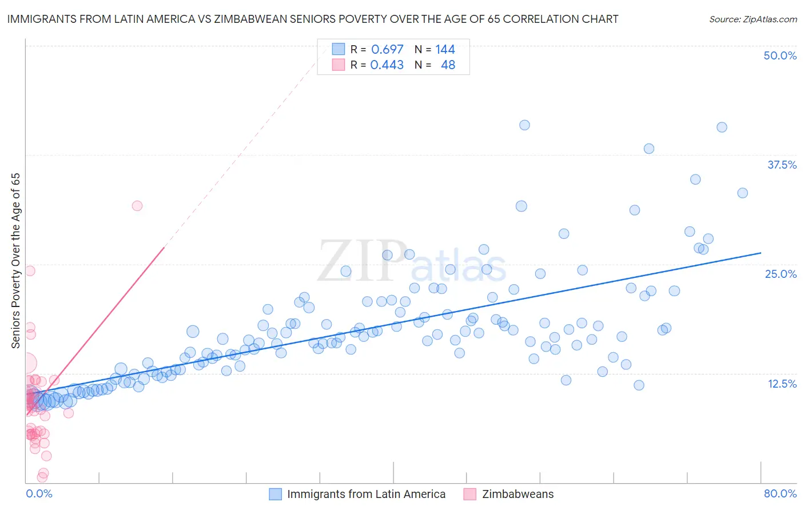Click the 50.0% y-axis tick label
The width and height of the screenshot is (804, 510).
coord(779,55)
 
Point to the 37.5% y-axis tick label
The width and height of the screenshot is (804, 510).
coord(781,165)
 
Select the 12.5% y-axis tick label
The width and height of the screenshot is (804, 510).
coord(781,383)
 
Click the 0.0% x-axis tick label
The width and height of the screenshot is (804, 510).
coord(39,493)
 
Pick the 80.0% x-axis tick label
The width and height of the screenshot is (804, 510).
coord(779,493)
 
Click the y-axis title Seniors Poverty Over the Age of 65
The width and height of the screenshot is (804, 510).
coord(16,260)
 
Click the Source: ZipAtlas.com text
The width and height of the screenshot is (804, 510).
coord(753,19)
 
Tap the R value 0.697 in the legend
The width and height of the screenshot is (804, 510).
coord(387,49)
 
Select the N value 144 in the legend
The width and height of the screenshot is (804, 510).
coord(445,49)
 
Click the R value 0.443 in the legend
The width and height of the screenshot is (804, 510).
coord(387,65)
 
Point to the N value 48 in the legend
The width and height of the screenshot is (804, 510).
coord(448,65)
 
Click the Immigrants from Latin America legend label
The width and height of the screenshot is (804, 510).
coord(366,494)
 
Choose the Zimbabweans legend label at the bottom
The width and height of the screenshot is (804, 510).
coord(518,494)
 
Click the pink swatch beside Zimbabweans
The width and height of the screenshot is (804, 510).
coord(469,494)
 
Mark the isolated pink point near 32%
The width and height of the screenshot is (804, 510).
coord(137,206)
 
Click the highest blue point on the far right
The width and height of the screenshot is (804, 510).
coord(722,127)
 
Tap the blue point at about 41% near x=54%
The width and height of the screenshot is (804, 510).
coord(524,125)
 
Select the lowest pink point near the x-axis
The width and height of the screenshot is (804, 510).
coord(42,477)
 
